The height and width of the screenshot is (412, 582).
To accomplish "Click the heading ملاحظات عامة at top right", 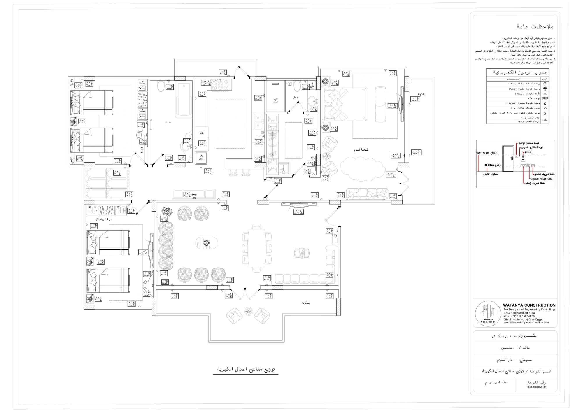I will [x=535, y=27].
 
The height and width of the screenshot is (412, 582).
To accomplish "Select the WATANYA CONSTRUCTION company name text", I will [x=529, y=305].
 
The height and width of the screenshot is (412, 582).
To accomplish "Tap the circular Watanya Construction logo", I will [x=488, y=314].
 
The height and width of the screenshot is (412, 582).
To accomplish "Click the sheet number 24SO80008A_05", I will [x=536, y=387].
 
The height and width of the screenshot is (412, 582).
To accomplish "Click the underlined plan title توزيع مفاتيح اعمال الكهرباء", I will [x=246, y=369].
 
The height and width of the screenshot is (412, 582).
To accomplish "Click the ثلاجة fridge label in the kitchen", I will [x=201, y=133].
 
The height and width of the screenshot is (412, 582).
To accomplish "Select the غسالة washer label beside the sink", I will [x=258, y=137].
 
